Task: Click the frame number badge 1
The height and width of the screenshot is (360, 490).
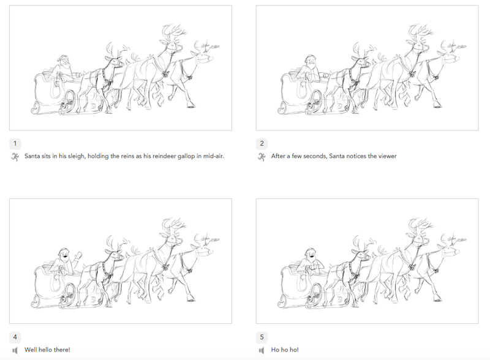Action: click(x=15, y=143)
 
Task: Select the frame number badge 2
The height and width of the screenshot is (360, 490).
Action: click(x=262, y=143)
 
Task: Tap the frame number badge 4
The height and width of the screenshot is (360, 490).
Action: click(x=15, y=337)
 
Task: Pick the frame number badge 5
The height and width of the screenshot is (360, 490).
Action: click(x=262, y=337)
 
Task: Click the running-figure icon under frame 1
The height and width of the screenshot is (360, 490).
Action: click(x=15, y=157)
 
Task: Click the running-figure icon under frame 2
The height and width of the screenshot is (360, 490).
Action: click(x=262, y=157)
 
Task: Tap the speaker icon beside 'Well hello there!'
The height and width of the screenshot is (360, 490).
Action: click(x=15, y=350)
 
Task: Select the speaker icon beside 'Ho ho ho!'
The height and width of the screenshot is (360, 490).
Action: click(x=262, y=350)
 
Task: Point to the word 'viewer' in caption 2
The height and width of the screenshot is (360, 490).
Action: click(x=388, y=156)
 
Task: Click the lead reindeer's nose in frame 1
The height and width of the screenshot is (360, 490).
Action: click(x=211, y=58)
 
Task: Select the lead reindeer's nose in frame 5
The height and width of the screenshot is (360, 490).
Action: click(x=457, y=252)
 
